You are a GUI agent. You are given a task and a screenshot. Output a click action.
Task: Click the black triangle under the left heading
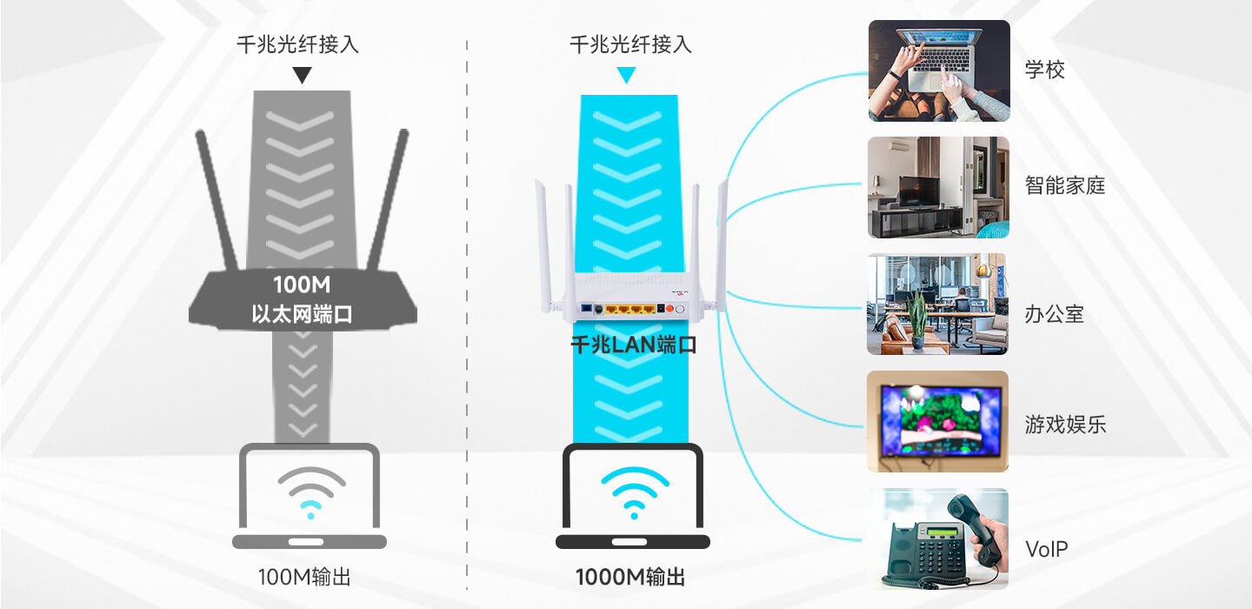(x=302, y=75)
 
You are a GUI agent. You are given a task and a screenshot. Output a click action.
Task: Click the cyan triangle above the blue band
(x=626, y=75)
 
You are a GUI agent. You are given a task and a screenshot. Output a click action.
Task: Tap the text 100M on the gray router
(x=302, y=284)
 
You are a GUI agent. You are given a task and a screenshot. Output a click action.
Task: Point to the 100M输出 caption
(x=304, y=577)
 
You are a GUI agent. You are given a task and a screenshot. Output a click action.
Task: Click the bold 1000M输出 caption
(x=629, y=577)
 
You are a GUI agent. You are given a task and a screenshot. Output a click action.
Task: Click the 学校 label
(x=1045, y=70)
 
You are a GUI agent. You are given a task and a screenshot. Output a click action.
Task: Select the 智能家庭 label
(x=1065, y=185)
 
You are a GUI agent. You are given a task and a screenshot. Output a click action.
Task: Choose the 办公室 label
(x=1054, y=314)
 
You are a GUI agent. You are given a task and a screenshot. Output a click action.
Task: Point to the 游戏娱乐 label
(x=1065, y=425)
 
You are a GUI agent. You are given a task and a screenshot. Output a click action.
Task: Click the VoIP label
(x=1046, y=549)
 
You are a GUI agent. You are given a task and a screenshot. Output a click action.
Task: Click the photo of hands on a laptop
(x=939, y=71)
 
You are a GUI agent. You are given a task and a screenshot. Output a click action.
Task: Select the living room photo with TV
(x=938, y=187)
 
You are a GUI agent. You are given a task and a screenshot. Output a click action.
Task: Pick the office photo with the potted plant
(x=937, y=304)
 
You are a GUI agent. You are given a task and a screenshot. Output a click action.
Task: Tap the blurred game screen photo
(x=937, y=421)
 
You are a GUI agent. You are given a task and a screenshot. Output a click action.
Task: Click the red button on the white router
(x=669, y=309)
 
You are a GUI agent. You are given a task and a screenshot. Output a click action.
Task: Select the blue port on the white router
(x=587, y=309)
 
